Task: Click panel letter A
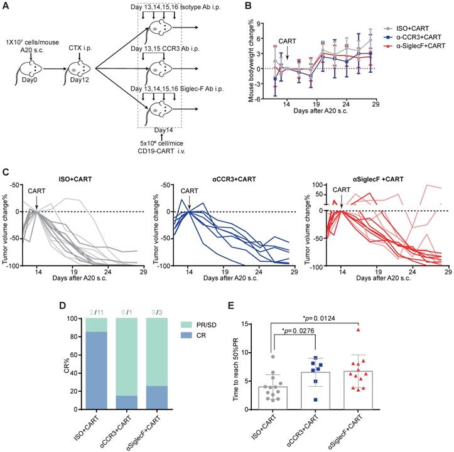(6, 6)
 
